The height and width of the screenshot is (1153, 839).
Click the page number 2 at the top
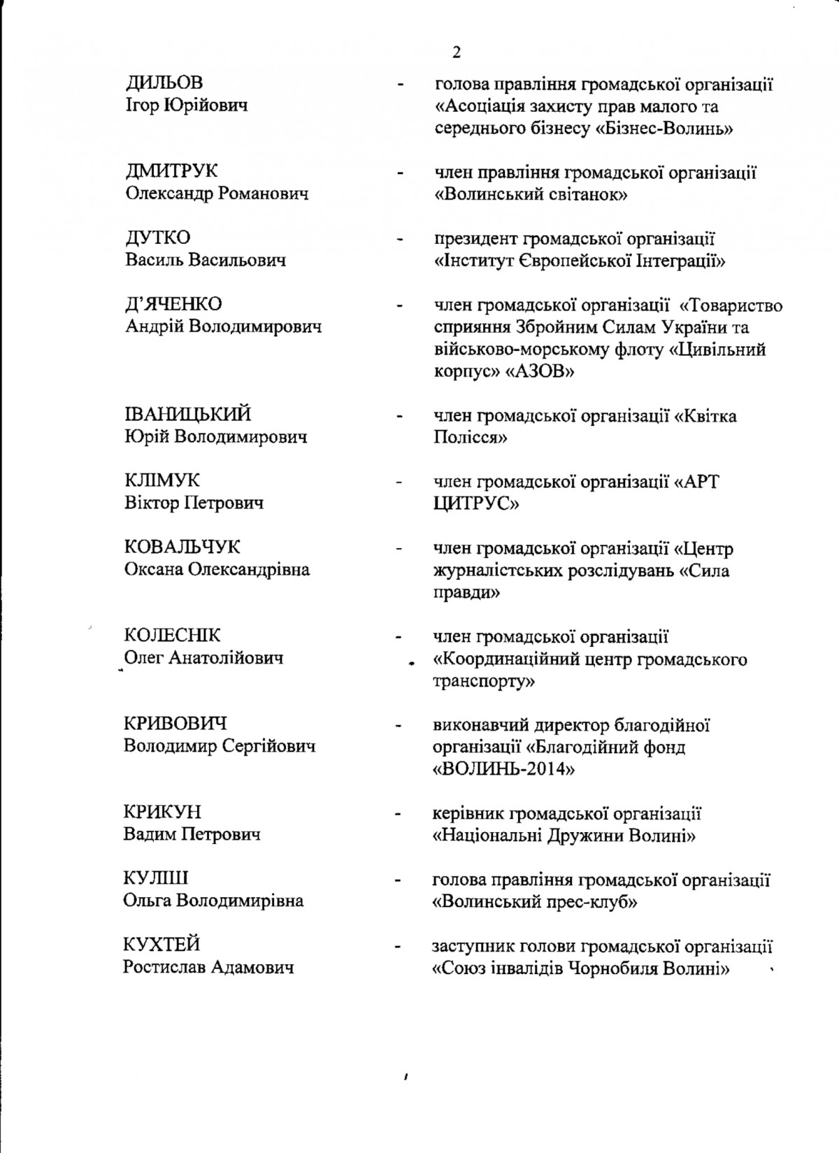(x=457, y=53)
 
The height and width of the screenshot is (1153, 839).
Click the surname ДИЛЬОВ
(x=164, y=83)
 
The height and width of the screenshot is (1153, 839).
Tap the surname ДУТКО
(x=158, y=238)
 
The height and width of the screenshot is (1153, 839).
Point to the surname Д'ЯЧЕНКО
(x=173, y=304)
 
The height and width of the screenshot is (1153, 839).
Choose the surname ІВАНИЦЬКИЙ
(x=187, y=415)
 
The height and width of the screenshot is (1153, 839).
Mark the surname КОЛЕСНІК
(x=172, y=636)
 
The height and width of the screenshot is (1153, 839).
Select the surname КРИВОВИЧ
(x=175, y=724)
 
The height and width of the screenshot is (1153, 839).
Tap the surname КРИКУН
(x=162, y=812)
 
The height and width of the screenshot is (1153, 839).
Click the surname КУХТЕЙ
(x=162, y=945)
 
